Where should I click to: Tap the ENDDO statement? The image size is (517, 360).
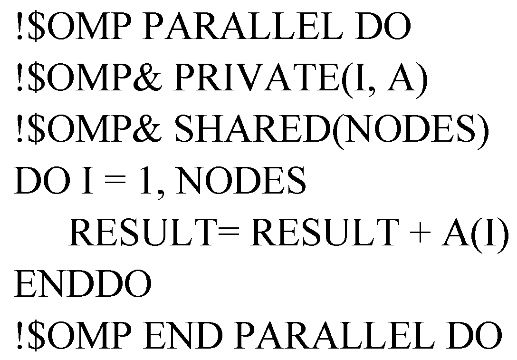point(83,283)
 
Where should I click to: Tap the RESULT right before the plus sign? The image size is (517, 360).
point(323,233)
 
